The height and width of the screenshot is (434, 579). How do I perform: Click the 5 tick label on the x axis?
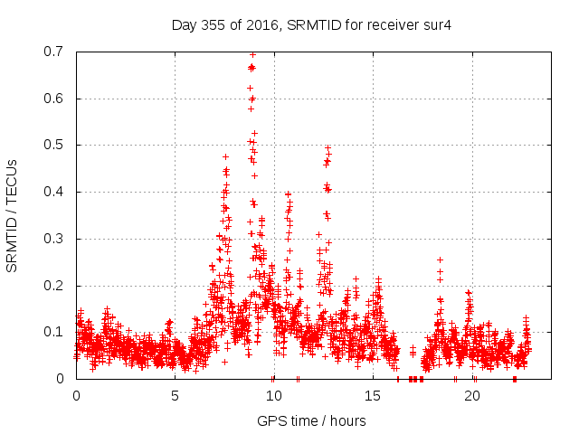tap(175, 396)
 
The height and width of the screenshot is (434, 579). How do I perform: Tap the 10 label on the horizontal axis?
tap(274, 396)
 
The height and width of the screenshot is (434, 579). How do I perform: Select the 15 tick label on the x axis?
tap(373, 396)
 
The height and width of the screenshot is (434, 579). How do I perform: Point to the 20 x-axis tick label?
tap(471, 396)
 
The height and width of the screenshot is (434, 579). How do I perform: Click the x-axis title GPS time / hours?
tap(311, 420)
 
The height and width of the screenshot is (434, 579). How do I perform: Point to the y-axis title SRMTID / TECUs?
tap(13, 215)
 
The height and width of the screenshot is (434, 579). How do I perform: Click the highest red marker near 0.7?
tap(252, 54)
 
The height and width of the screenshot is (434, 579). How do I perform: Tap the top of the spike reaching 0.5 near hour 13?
tap(327, 147)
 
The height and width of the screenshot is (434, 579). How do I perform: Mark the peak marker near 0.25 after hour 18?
tap(440, 259)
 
